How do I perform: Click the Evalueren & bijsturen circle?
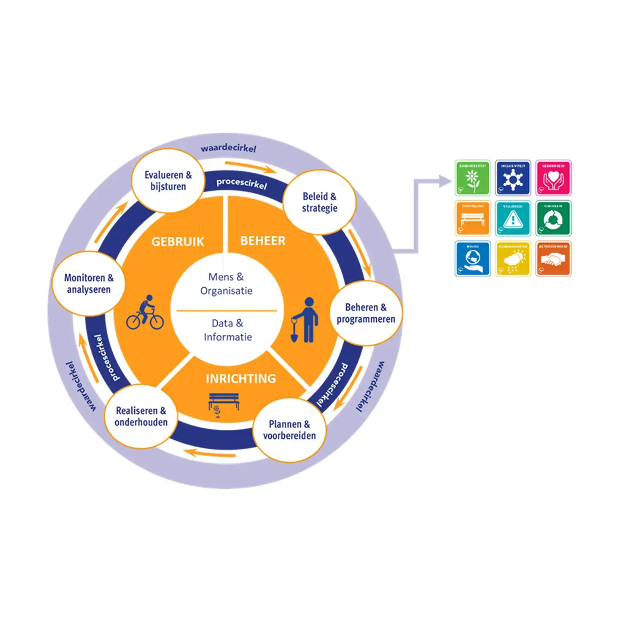[168, 181]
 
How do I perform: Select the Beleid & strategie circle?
[320, 202]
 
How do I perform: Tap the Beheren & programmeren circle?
[366, 313]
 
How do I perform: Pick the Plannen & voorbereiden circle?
[289, 430]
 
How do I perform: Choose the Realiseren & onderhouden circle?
[141, 416]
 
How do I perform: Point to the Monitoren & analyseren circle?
[89, 283]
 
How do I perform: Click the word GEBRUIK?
[178, 241]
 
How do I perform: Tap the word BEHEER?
[263, 241]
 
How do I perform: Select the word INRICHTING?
[241, 379]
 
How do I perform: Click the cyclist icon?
[145, 313]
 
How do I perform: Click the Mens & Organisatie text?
[226, 284]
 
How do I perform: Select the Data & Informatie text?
[228, 330]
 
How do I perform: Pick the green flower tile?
[473, 178]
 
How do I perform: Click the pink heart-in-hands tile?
[553, 178]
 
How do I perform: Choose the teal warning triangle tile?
[513, 218]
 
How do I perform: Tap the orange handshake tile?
[553, 258]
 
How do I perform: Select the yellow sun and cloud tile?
[513, 258]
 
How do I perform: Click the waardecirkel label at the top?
[228, 148]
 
